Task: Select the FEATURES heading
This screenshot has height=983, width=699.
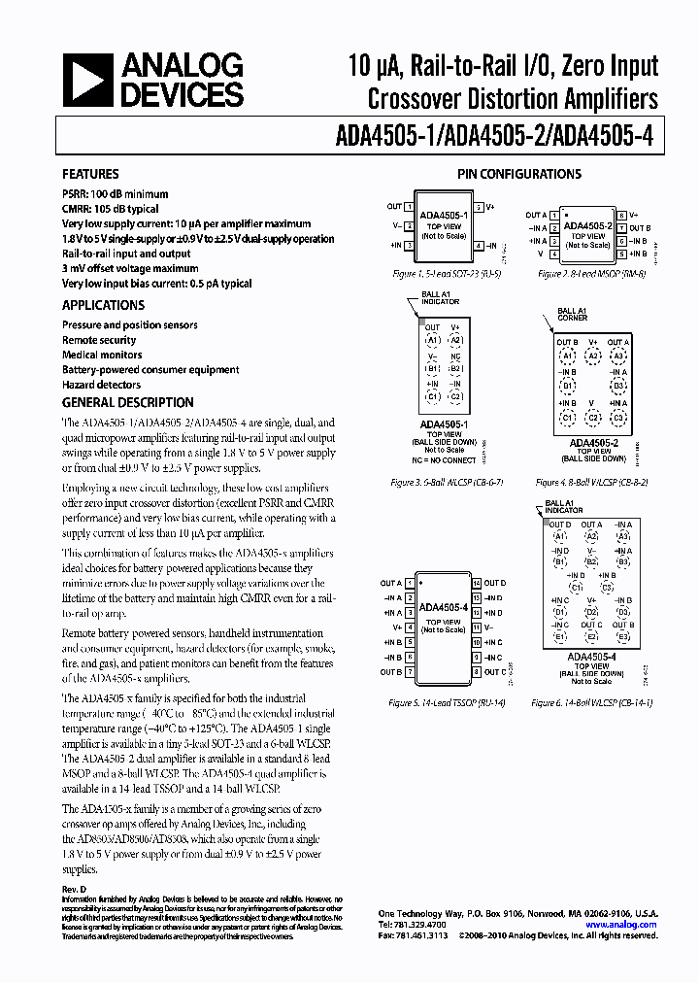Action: tap(91, 175)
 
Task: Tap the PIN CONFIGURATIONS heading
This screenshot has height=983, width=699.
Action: tap(519, 174)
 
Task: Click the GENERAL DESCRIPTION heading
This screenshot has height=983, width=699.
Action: tap(127, 402)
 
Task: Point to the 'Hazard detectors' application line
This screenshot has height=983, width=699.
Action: tap(102, 385)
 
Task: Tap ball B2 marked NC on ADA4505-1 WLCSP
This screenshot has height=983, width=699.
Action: tap(456, 368)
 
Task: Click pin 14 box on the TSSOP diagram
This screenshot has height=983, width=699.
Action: tap(477, 584)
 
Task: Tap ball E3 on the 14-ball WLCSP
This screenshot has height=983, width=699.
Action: tap(623, 637)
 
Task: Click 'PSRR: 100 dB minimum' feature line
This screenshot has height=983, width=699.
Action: tap(115, 194)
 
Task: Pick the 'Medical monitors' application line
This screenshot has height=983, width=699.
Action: tap(102, 355)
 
